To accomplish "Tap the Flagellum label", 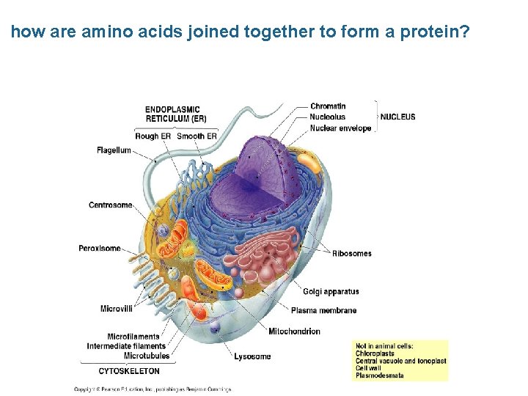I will click(114, 150).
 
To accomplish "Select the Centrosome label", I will click(110, 205).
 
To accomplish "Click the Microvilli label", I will click(116, 308).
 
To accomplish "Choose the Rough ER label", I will click(153, 136).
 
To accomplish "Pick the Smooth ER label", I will click(197, 136).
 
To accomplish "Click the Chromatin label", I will click(328, 106).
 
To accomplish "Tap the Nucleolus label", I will click(327, 117).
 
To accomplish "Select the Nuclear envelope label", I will click(340, 128).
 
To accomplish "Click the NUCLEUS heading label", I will click(397, 117).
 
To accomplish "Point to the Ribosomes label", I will click(351, 254).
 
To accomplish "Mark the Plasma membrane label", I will click(323, 310).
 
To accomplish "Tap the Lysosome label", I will click(252, 356).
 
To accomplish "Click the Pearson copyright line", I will click(152, 389).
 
